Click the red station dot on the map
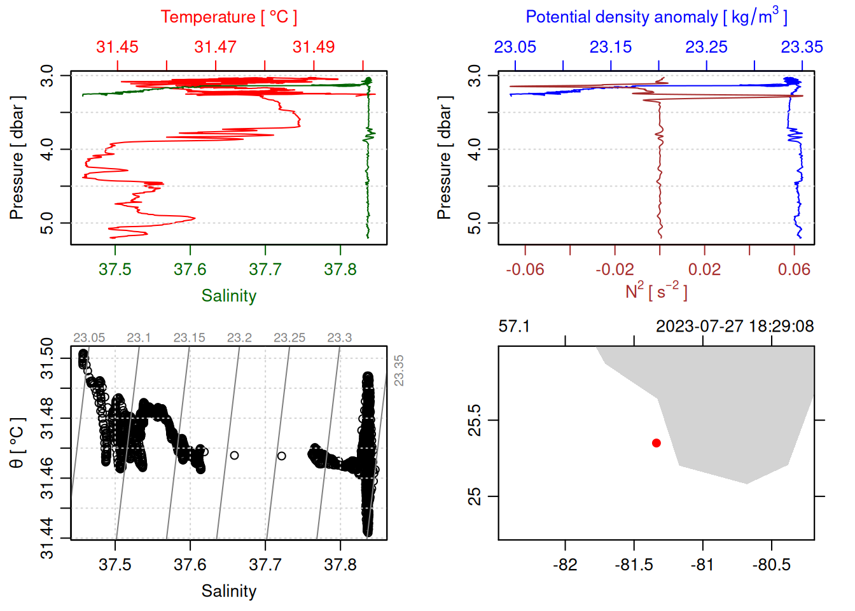[x=657, y=443]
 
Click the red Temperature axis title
[x=228, y=17]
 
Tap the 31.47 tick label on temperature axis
[x=215, y=47]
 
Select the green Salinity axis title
[x=228, y=296]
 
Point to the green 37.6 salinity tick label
[x=190, y=270]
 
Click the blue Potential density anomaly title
[x=656, y=17]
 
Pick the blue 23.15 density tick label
[x=611, y=47]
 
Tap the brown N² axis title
[x=656, y=291]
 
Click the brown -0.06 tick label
[x=525, y=270]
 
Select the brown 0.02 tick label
[x=704, y=270]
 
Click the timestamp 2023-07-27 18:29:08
[x=735, y=327]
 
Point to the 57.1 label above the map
[x=514, y=327]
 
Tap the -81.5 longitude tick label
[x=634, y=565]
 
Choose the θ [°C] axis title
[x=17, y=443]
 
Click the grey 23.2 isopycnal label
[x=239, y=338]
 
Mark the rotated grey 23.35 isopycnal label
[x=399, y=370]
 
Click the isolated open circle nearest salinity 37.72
[x=281, y=456]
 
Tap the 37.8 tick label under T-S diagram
[x=340, y=565]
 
